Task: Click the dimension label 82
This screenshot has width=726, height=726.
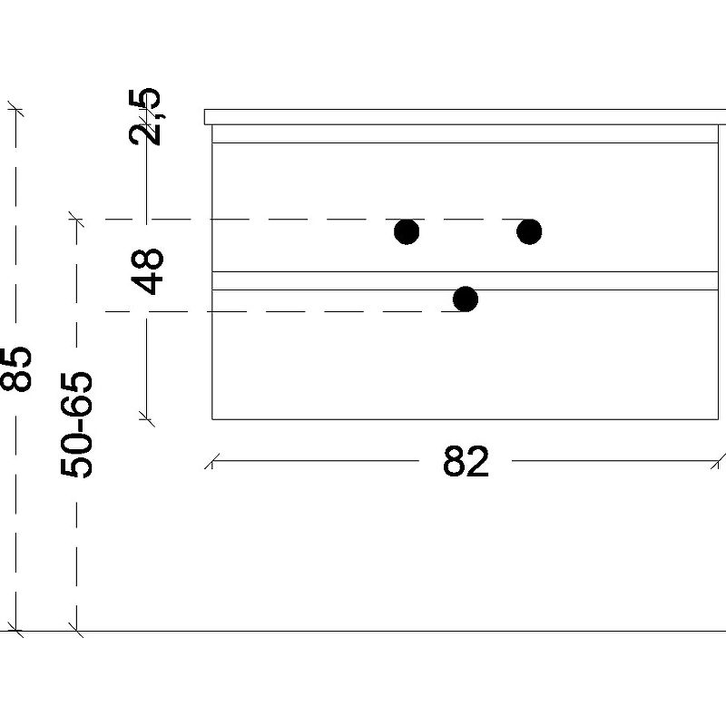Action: pyautogui.click(x=466, y=461)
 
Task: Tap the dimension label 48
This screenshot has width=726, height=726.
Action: pyautogui.click(x=147, y=271)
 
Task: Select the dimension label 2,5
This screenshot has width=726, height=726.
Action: pyautogui.click(x=144, y=116)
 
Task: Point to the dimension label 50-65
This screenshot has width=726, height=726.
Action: pyautogui.click(x=76, y=424)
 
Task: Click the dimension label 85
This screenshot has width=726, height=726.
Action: pyautogui.click(x=15, y=369)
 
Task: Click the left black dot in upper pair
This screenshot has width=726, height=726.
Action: pyautogui.click(x=407, y=231)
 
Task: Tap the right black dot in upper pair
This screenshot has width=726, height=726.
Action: pyautogui.click(x=529, y=231)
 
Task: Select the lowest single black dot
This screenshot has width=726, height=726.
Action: pyautogui.click(x=466, y=299)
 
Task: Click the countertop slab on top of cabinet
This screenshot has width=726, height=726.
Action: pyautogui.click(x=465, y=117)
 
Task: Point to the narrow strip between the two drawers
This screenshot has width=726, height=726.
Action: pyautogui.click(x=465, y=280)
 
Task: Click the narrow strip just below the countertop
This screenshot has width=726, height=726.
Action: pyautogui.click(x=465, y=133)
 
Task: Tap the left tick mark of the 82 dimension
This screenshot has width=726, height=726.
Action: pyautogui.click(x=211, y=461)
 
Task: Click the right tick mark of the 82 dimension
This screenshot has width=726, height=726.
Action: pyautogui.click(x=718, y=461)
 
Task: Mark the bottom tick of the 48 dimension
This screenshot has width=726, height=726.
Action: pyautogui.click(x=146, y=419)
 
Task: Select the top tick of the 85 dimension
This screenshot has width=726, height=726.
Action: pyautogui.click(x=15, y=110)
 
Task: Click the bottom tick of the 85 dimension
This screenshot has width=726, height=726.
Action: pyautogui.click(x=15, y=631)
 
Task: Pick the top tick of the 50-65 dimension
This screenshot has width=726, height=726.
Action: pyautogui.click(x=76, y=220)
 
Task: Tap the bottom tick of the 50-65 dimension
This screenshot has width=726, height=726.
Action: pyautogui.click(x=76, y=631)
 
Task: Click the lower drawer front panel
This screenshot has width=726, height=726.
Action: pyautogui.click(x=465, y=355)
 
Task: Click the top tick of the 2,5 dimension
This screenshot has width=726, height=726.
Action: pyautogui.click(x=146, y=110)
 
